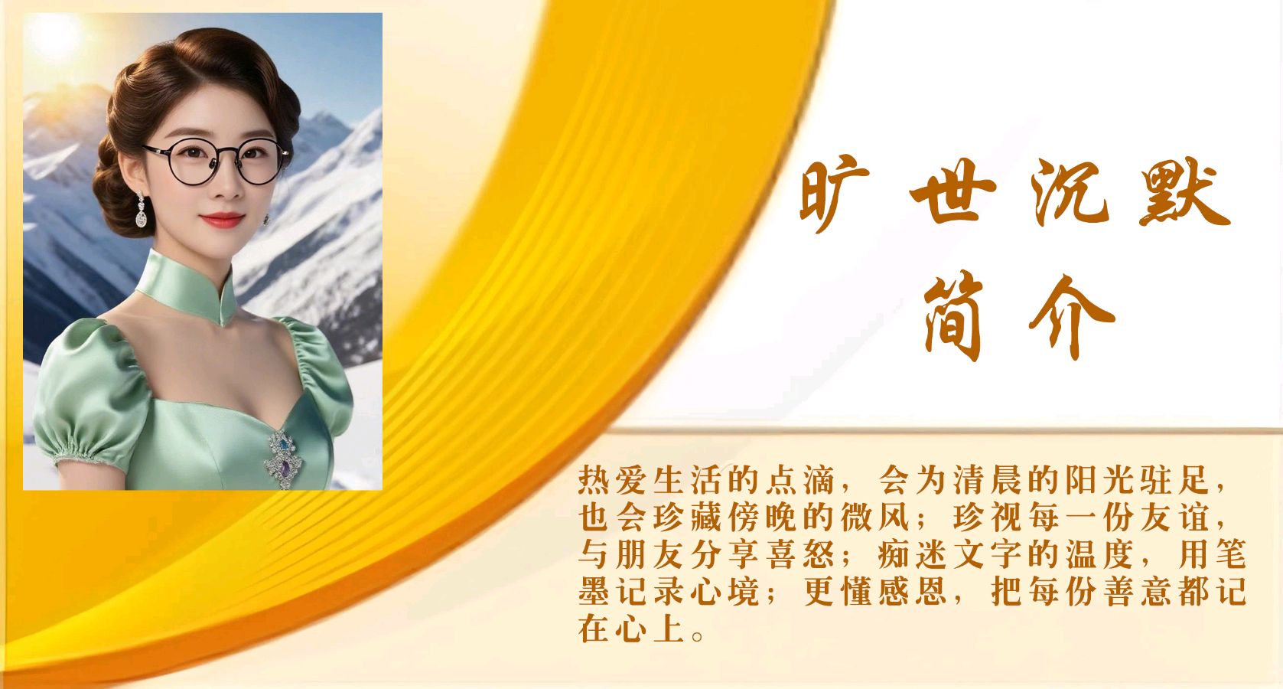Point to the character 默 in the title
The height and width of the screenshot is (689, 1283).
(x=1184, y=193)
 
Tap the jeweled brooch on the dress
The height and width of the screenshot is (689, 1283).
(x=284, y=459)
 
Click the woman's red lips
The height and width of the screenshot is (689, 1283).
(x=223, y=220)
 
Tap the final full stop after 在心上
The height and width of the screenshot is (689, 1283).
(x=698, y=636)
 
